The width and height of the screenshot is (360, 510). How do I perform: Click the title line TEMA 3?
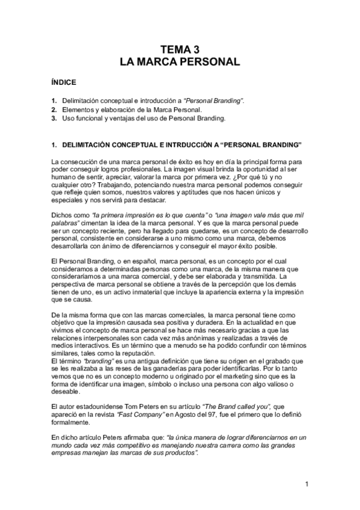pyautogui.click(x=180, y=50)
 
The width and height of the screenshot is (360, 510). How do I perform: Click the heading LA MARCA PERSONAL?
pyautogui.click(x=180, y=61)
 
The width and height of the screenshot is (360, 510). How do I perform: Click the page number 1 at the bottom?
pyautogui.click(x=307, y=484)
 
